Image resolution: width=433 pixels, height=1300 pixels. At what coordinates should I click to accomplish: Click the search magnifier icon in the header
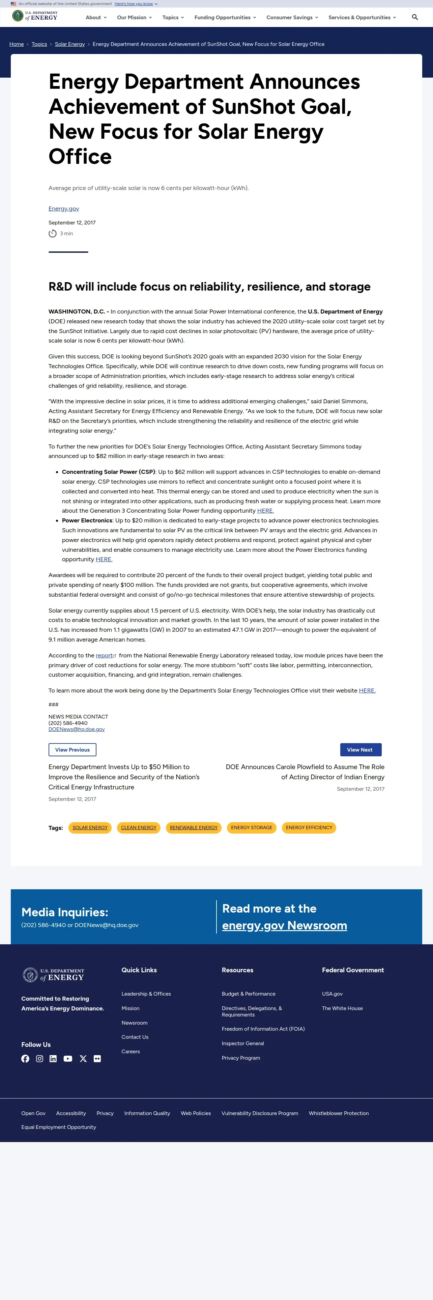click(x=415, y=17)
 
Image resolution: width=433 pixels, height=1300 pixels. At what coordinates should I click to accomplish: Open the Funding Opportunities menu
click(x=225, y=18)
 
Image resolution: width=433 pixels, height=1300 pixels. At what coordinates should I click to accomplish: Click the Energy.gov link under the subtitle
click(x=63, y=209)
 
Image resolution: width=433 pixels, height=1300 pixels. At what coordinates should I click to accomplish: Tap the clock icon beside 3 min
click(x=52, y=234)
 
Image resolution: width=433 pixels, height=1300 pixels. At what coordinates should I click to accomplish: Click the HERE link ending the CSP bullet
click(x=265, y=511)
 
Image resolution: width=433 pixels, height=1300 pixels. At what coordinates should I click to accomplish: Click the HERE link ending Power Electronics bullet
click(x=104, y=559)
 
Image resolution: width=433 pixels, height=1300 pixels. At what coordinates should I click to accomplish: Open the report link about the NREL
click(x=104, y=655)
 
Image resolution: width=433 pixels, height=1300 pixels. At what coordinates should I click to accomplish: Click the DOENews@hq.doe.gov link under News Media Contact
click(x=77, y=729)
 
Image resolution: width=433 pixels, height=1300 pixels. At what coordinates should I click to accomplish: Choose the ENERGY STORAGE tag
click(x=252, y=828)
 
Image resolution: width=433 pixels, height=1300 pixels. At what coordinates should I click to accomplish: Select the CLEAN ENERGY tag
click(x=139, y=828)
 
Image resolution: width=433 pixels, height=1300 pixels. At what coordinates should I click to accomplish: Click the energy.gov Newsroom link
click(x=284, y=925)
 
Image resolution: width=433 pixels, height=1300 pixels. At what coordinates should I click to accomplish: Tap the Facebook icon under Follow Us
click(x=25, y=1059)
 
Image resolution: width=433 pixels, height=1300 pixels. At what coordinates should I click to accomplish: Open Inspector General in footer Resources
click(x=242, y=1044)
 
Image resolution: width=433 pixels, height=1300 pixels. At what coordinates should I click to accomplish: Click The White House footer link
click(x=342, y=1008)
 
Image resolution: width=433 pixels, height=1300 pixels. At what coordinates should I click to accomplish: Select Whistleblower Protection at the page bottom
click(x=339, y=1113)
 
